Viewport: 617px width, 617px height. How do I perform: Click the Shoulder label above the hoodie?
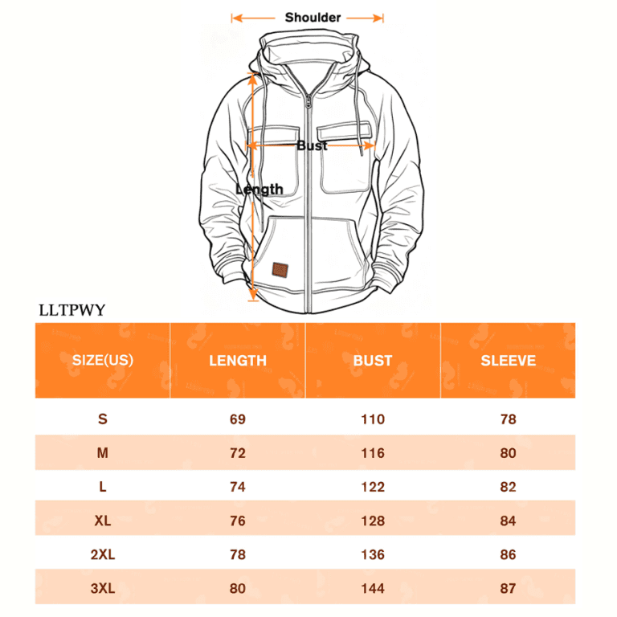click(x=313, y=18)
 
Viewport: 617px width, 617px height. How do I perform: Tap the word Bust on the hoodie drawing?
click(x=312, y=145)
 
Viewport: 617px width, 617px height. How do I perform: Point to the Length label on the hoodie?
click(x=259, y=190)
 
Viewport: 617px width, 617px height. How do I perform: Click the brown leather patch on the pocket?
click(x=280, y=270)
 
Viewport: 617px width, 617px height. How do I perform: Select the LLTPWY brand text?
click(x=72, y=310)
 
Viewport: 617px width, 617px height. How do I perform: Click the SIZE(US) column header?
click(x=103, y=360)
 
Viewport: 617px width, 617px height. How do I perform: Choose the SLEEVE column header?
click(x=509, y=361)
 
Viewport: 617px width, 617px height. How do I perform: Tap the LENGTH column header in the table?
click(x=238, y=361)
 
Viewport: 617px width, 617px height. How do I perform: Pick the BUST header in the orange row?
click(x=373, y=361)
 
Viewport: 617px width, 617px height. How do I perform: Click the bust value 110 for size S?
click(x=373, y=419)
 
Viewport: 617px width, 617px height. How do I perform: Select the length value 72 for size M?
click(x=238, y=453)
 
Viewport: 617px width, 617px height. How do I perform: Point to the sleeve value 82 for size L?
click(x=508, y=487)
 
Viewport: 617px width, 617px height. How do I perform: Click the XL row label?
click(x=103, y=521)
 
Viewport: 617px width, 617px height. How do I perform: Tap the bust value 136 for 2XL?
click(x=373, y=554)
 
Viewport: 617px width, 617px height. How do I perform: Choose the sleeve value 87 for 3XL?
click(x=508, y=588)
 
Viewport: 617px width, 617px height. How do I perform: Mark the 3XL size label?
click(x=103, y=588)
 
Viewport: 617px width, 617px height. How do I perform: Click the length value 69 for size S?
click(x=238, y=419)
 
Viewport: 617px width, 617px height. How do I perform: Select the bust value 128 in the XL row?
click(x=373, y=521)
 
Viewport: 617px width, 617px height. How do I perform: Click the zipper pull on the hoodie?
click(x=308, y=101)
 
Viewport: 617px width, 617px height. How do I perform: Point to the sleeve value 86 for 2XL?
click(x=508, y=554)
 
